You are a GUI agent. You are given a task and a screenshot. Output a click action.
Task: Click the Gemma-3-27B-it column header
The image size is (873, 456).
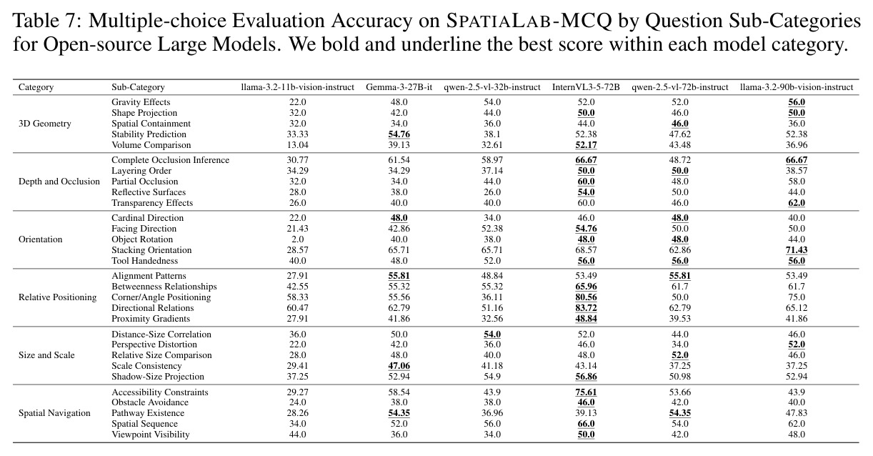(399, 87)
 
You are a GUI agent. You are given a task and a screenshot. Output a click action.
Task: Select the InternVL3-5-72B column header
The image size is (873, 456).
(586, 87)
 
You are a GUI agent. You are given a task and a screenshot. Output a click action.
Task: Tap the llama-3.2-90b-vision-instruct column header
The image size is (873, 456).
(797, 87)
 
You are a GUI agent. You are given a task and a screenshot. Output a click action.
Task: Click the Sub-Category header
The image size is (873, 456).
(138, 87)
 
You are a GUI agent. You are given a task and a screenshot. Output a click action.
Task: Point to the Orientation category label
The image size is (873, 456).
(40, 239)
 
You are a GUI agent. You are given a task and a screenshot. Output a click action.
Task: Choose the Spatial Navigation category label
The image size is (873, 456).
(54, 412)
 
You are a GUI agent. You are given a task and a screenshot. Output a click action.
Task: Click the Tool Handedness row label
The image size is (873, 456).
(144, 261)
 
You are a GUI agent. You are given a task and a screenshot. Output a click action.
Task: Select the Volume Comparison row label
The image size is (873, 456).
(151, 144)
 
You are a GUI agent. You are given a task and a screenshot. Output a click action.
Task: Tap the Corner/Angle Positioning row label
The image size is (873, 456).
(161, 297)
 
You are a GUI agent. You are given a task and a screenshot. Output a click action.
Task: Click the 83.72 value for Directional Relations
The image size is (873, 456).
(586, 308)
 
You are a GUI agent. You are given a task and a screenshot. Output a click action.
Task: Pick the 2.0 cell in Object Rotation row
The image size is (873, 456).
(297, 239)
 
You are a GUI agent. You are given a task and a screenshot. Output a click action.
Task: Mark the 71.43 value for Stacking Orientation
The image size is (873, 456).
(797, 249)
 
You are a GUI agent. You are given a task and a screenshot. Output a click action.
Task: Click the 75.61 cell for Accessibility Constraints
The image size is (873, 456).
(586, 392)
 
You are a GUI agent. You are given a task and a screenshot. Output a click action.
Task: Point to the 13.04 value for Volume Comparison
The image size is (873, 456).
(297, 144)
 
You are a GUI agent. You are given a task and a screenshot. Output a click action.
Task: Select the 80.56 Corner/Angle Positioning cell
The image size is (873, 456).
(586, 297)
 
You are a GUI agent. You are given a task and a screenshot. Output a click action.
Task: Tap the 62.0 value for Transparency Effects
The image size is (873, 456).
(797, 202)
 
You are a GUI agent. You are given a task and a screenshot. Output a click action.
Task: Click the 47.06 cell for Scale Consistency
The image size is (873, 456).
(399, 365)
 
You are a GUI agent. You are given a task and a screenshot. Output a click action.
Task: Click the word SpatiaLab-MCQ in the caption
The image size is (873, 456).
(529, 21)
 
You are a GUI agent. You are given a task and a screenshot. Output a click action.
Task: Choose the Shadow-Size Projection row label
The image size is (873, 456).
(158, 377)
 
